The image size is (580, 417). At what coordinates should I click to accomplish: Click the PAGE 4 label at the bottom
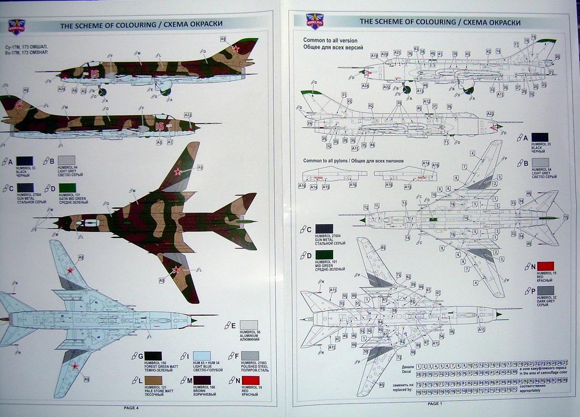coord(131,408)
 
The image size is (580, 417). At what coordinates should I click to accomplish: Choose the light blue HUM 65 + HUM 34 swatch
coord(202,356)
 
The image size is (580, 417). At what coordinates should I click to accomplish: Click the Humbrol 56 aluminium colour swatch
coord(249,325)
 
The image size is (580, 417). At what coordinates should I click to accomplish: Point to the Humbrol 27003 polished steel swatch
coord(249,356)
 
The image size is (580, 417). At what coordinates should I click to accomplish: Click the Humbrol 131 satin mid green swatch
coord(68,188)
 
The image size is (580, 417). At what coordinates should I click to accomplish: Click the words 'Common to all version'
coord(330,41)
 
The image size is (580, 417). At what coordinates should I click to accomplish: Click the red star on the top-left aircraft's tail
coord(236,50)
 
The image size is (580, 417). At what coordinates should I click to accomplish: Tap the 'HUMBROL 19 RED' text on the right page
coord(544,276)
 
